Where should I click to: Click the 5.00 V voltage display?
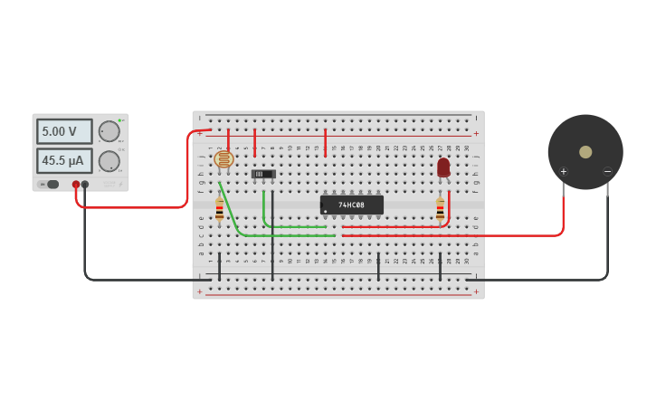tap(63, 131)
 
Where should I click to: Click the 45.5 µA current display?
tap(63, 161)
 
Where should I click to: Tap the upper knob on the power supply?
tap(109, 131)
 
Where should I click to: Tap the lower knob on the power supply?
tap(109, 161)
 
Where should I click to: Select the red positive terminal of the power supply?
tap(76, 184)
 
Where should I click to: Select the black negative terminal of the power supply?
tap(85, 184)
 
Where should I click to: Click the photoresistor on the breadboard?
tap(223, 159)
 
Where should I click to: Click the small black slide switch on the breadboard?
tap(263, 174)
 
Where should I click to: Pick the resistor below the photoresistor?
tap(219, 211)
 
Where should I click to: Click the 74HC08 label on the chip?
tap(351, 205)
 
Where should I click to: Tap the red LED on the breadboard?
tap(443, 167)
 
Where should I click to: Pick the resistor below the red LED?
tap(441, 211)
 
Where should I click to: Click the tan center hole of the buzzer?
tap(585, 152)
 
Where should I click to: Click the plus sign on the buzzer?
tap(563, 171)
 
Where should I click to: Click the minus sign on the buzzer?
tap(607, 171)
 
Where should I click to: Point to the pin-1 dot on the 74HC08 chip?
tap(326, 212)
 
